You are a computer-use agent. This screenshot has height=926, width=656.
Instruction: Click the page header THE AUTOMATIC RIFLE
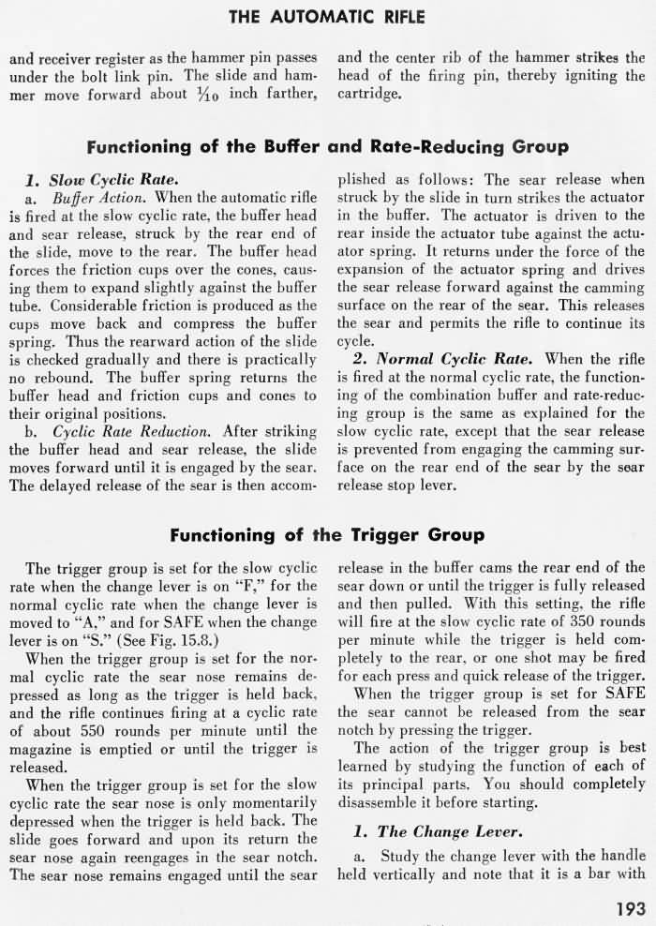[327, 16]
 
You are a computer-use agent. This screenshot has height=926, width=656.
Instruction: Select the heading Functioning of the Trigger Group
[327, 535]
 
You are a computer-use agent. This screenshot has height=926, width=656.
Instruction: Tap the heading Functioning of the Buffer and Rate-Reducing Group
[327, 147]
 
